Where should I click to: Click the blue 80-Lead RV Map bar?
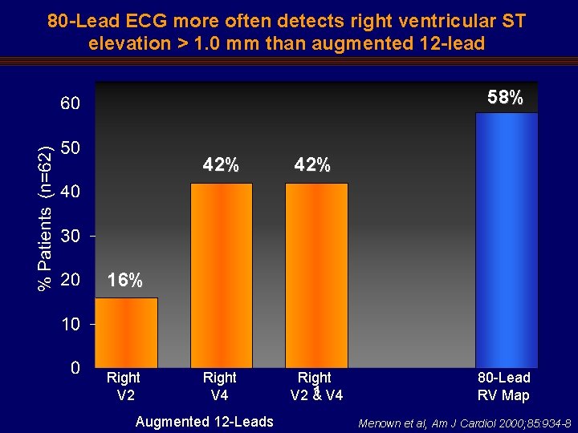tap(507, 240)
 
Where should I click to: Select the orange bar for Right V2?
tap(126, 332)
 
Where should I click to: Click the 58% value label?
tap(506, 98)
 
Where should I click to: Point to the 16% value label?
tap(125, 281)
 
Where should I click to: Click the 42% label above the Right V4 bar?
tap(221, 165)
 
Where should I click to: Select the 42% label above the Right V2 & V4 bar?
tap(312, 165)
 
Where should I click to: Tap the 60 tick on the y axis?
tap(70, 104)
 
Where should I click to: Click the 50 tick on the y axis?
tap(70, 148)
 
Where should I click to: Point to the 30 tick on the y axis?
tap(70, 237)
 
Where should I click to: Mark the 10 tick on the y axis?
tap(70, 325)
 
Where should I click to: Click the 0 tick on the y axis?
tap(75, 369)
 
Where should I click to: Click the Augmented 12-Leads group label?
tap(205, 422)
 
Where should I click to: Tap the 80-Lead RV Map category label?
tap(503, 386)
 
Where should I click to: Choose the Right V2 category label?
tap(124, 386)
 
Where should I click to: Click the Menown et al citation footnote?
tap(465, 423)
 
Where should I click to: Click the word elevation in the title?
tap(128, 43)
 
